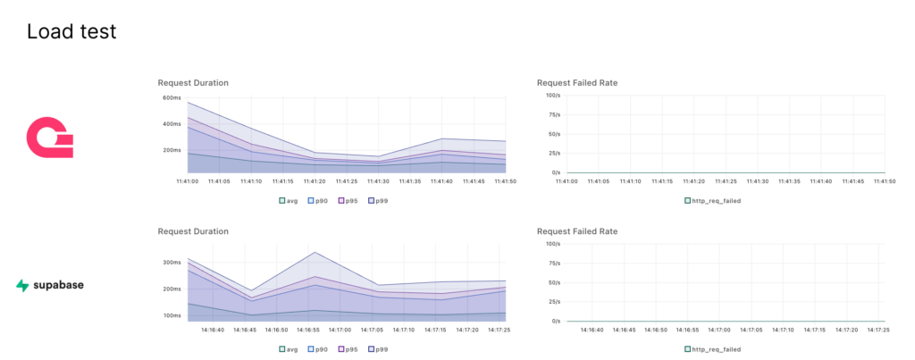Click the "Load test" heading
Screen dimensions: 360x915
(71, 32)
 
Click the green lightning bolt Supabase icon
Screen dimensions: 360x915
(23, 286)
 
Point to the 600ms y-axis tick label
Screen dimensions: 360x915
(172, 97)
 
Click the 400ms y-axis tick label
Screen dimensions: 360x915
(172, 123)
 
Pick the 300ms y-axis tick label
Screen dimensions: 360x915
(172, 263)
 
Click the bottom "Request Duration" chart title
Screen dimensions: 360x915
(193, 231)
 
